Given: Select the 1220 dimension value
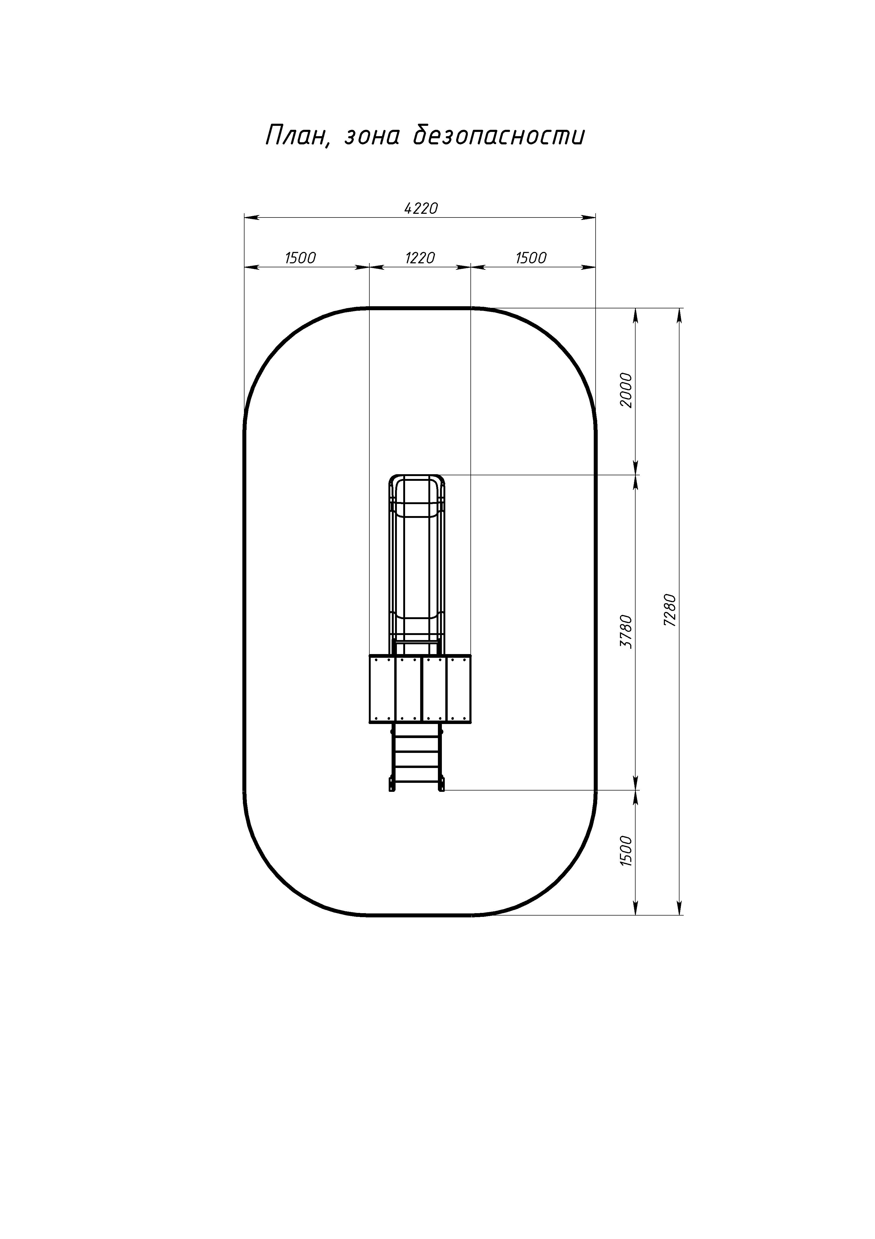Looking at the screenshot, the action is (420, 258).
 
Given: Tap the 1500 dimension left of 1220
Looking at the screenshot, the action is (300, 258).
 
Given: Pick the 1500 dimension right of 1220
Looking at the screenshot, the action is (531, 258).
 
